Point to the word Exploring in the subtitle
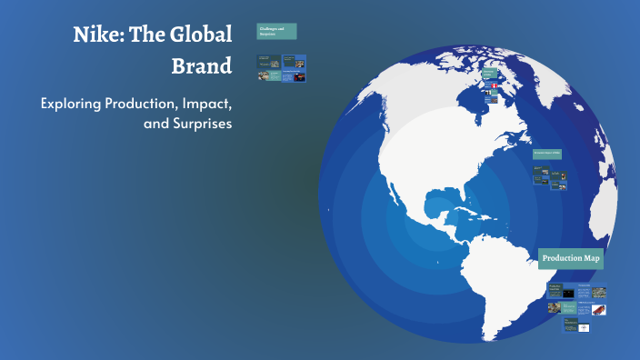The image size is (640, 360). [x=73, y=103]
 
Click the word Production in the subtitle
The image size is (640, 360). [x=144, y=103]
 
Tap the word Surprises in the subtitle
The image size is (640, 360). [x=196, y=123]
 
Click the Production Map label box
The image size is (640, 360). [x=571, y=259]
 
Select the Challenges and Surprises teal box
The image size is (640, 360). [x=276, y=32]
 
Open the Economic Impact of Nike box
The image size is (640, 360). [x=550, y=154]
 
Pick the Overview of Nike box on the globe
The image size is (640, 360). [x=491, y=74]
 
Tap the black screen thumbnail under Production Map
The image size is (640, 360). [x=568, y=293]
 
